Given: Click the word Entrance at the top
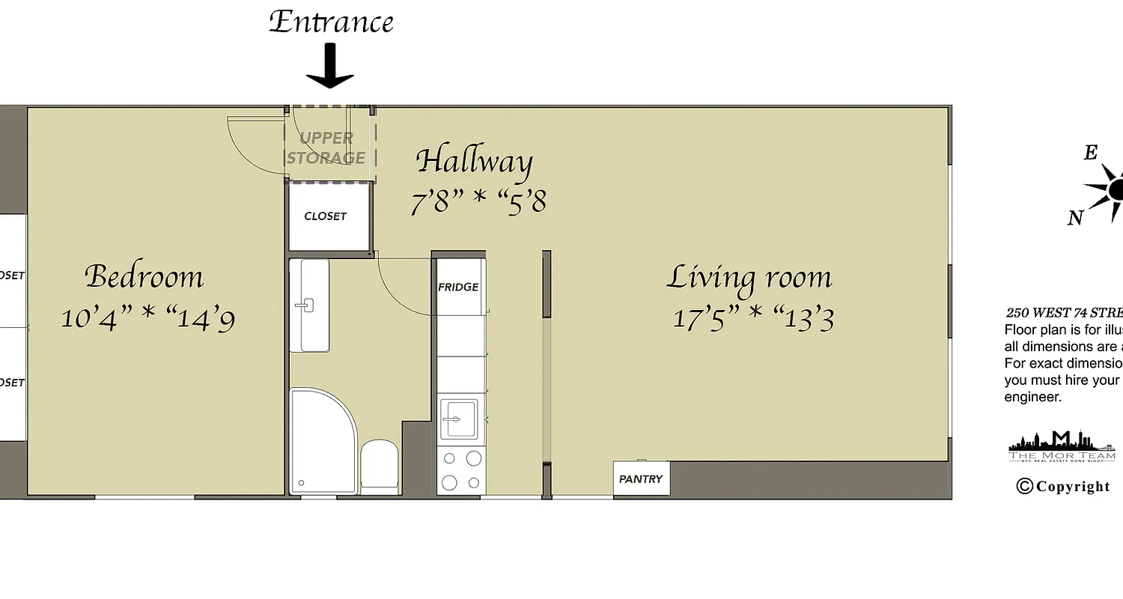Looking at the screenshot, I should click(331, 22).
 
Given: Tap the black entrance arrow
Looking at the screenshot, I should click(329, 67).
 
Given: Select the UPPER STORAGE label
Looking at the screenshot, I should click(326, 148).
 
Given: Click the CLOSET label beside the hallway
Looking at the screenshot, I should click(326, 216).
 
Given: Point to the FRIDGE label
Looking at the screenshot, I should click(458, 287).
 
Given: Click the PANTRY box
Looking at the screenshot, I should click(641, 479).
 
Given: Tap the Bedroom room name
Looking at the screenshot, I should click(144, 276).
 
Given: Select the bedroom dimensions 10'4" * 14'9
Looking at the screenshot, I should click(148, 319).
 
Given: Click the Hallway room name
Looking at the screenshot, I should click(474, 161).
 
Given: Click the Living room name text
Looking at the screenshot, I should click(749, 277).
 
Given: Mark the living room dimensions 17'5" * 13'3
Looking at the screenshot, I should click(753, 318).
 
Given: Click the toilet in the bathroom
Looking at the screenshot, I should click(380, 466).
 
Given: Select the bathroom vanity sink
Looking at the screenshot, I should click(308, 305).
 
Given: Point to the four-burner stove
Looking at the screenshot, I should click(461, 470).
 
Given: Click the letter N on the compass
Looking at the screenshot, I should click(1075, 218).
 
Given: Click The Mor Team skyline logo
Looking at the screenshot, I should click(1062, 446).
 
